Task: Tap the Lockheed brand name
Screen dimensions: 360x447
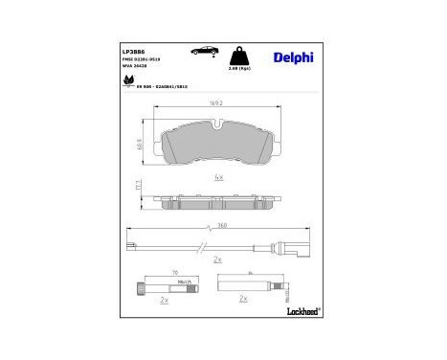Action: tap(301, 312)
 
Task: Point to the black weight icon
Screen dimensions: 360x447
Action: tap(244, 56)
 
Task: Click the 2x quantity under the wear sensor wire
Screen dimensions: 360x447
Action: tap(218, 259)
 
